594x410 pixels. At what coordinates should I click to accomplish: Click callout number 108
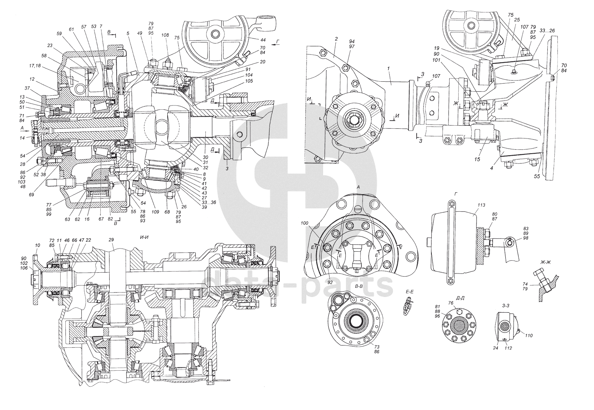tap(165, 35)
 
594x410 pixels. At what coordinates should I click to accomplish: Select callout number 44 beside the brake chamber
tap(263, 40)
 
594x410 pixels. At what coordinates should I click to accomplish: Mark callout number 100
tap(304, 223)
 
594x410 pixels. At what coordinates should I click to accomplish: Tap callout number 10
tap(37, 245)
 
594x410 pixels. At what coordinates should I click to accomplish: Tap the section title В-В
tap(359, 286)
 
